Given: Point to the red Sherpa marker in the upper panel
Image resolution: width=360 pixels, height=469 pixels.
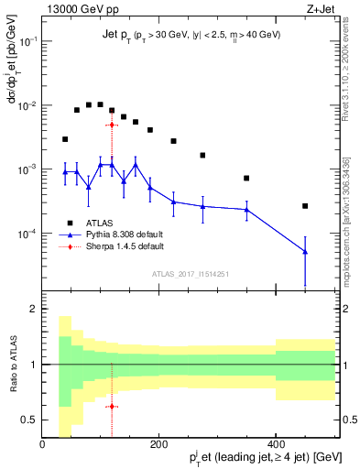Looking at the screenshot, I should click(x=112, y=125).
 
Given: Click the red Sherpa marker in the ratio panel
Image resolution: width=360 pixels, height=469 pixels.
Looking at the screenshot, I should click(x=112, y=406).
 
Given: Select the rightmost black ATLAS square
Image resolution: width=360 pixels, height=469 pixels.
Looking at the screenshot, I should click(x=305, y=206).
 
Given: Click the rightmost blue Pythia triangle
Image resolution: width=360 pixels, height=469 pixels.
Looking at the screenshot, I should click(x=305, y=252).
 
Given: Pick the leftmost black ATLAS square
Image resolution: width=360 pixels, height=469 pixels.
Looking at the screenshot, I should click(x=65, y=139).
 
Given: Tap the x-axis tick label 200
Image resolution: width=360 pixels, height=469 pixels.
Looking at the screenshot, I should click(x=158, y=444).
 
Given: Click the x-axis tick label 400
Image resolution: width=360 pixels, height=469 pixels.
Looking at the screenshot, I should click(x=275, y=444).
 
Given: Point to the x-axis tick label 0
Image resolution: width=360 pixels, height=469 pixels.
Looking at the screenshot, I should click(x=42, y=444).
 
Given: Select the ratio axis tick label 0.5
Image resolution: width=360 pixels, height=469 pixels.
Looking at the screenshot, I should click(x=29, y=420).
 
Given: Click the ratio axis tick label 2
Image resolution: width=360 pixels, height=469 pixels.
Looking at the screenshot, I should click(x=34, y=310).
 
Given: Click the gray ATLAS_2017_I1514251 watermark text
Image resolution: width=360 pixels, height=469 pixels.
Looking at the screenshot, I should click(x=191, y=273).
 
